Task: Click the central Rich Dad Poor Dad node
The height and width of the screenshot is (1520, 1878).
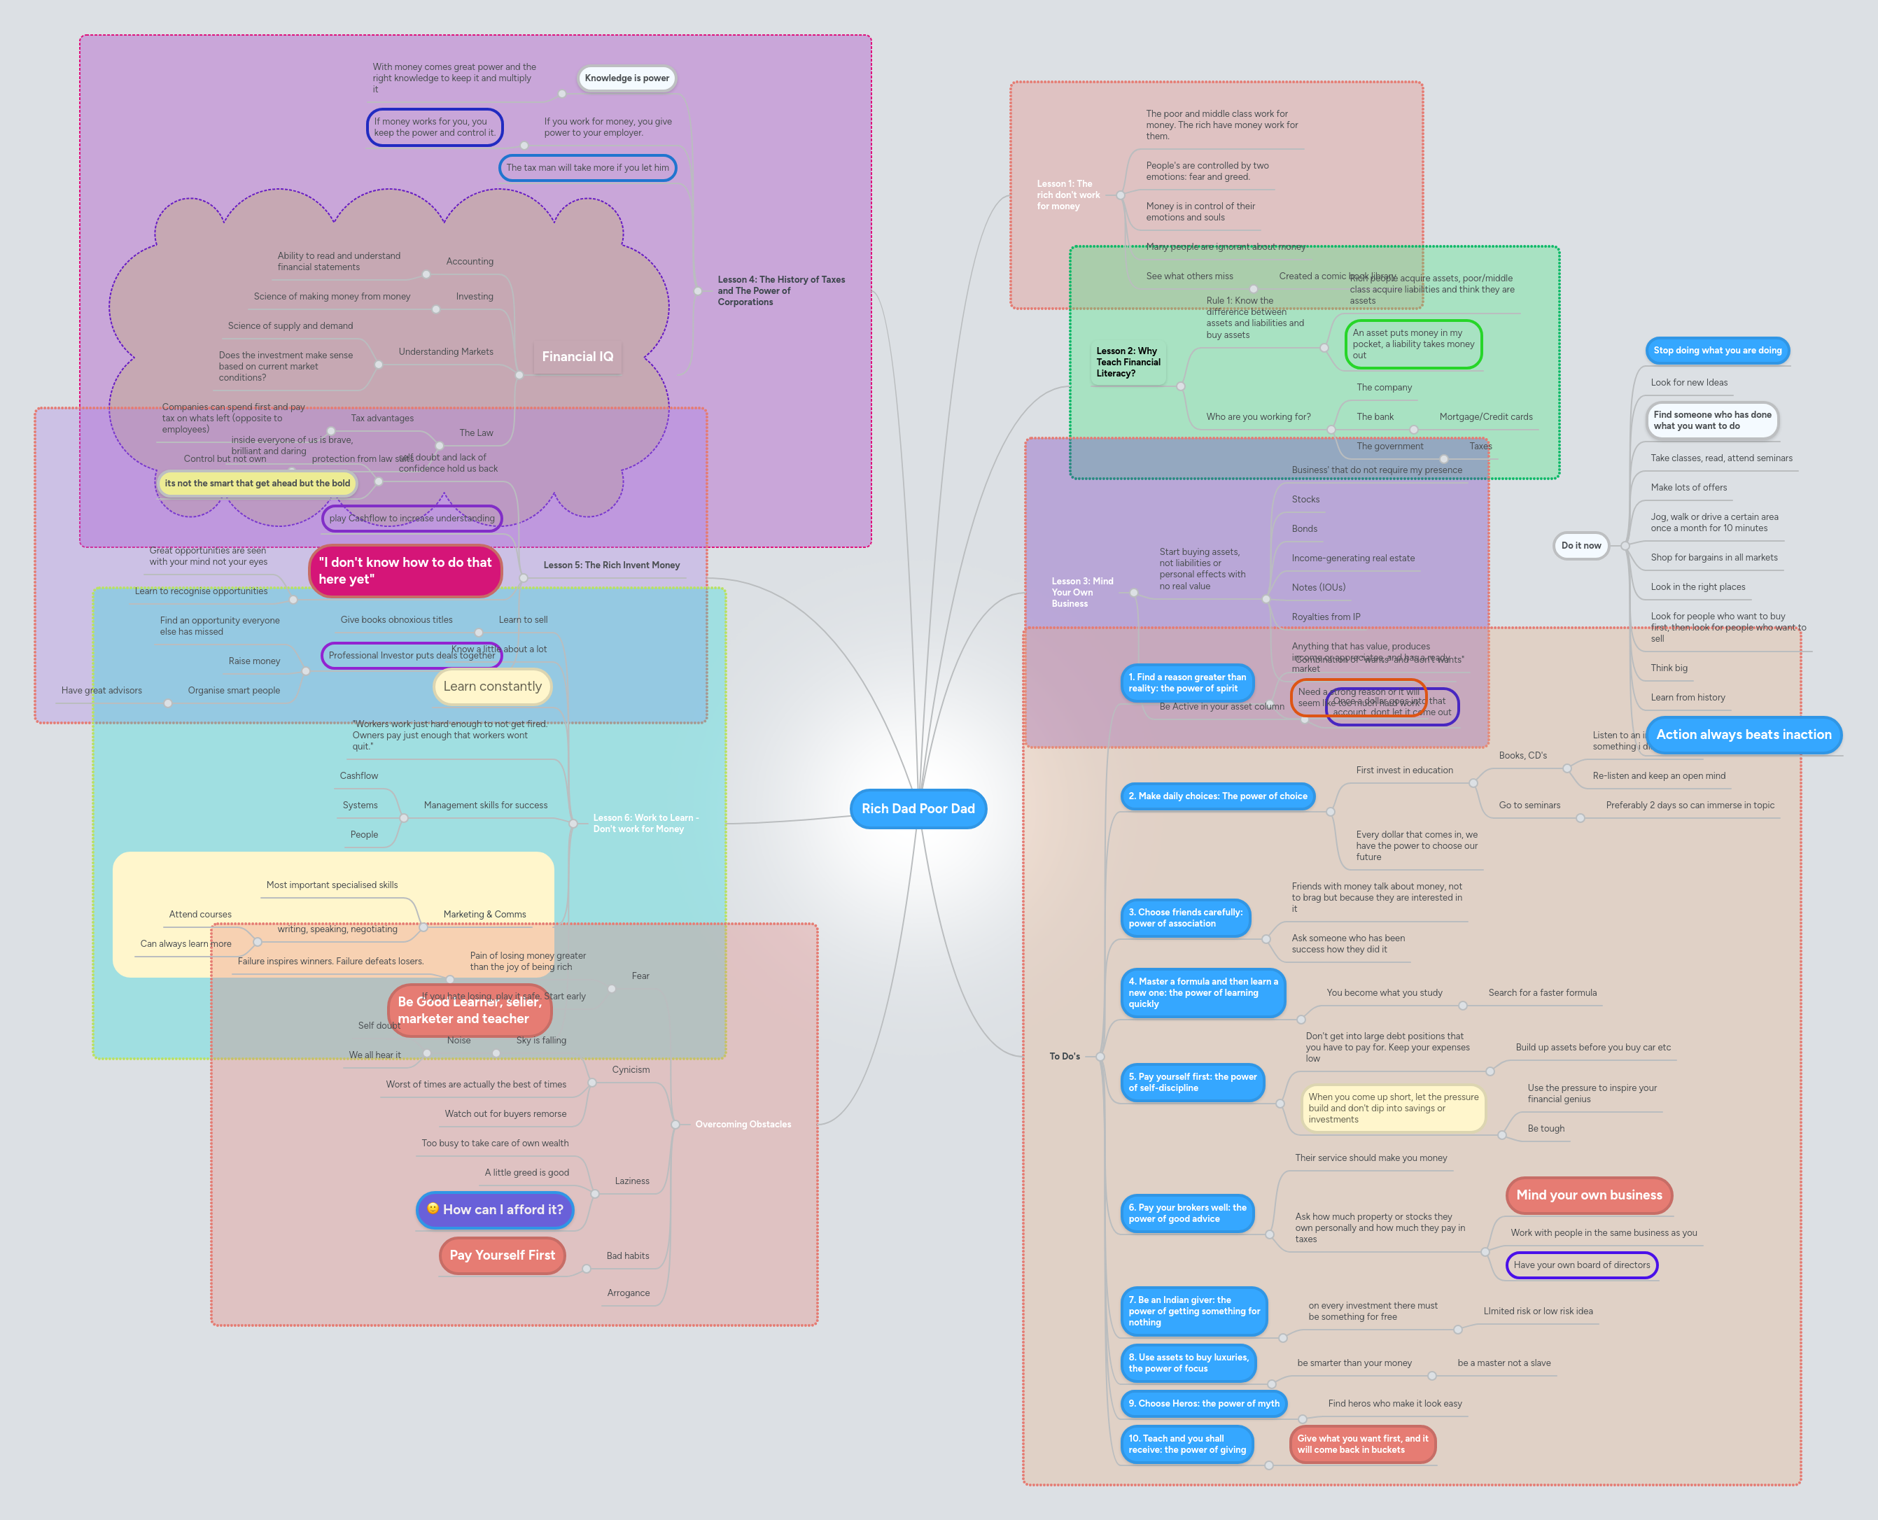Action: coord(918,808)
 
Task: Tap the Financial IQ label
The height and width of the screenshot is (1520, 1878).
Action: coord(577,356)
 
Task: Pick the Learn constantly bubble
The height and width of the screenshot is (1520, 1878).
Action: coord(492,687)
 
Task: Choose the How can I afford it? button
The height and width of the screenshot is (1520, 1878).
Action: coord(496,1209)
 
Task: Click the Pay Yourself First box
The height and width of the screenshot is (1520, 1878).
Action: coord(502,1255)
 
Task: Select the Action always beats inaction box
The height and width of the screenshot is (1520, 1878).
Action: coord(1743,735)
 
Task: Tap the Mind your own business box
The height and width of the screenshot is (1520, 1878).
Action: coord(1588,1195)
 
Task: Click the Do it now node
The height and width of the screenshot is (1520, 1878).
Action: coord(1581,545)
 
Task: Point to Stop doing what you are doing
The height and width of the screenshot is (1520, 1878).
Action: coord(1717,350)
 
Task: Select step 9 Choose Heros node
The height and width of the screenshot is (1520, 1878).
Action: coord(1203,1404)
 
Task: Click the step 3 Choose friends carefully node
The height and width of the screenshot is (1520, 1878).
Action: coord(1184,917)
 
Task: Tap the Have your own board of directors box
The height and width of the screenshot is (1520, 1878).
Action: coord(1581,1265)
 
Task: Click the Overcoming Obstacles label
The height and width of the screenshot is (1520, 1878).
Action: coord(743,1124)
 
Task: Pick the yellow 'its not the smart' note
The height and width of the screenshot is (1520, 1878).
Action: coord(256,484)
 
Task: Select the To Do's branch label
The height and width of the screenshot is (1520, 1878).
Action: coord(1065,1056)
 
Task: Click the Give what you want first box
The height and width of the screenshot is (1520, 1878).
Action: coord(1362,1444)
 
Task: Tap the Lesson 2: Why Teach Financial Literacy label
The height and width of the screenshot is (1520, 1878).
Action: coord(1128,362)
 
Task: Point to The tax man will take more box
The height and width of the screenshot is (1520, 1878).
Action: coord(587,167)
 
